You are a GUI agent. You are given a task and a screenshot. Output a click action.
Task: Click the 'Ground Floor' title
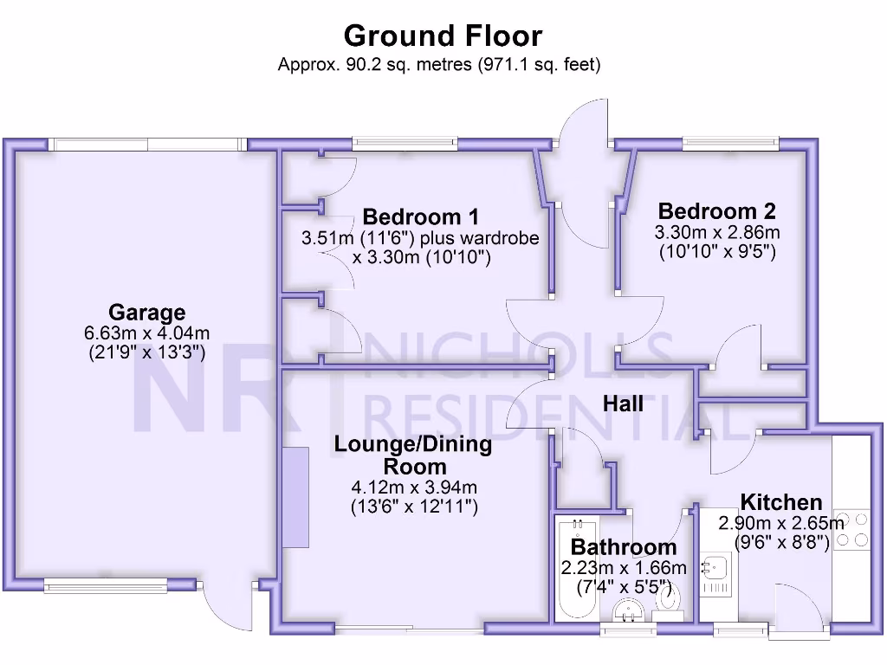[x=443, y=36]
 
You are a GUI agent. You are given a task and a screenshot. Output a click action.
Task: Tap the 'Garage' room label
[x=147, y=313]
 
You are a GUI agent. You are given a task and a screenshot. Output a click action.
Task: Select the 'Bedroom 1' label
[x=420, y=216]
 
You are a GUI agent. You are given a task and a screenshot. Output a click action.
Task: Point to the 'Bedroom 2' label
[x=716, y=210]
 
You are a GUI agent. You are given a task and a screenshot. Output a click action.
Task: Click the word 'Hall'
[x=623, y=404]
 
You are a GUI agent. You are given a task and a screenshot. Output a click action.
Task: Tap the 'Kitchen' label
[x=781, y=502]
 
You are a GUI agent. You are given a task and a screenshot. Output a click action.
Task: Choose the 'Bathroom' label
[x=624, y=547]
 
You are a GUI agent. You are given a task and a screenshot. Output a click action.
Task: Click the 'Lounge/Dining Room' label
[x=413, y=455]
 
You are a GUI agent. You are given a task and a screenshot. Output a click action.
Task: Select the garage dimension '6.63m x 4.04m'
[x=147, y=333]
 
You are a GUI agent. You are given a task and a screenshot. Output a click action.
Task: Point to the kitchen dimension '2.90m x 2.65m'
[x=781, y=523]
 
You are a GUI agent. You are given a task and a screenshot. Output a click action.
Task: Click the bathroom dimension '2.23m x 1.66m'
[x=624, y=568]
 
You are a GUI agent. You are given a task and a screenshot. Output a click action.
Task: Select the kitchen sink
[x=717, y=568]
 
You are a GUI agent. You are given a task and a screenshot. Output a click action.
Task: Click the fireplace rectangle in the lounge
[x=296, y=496]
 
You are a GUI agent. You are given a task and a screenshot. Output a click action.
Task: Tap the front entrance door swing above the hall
[x=582, y=139]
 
